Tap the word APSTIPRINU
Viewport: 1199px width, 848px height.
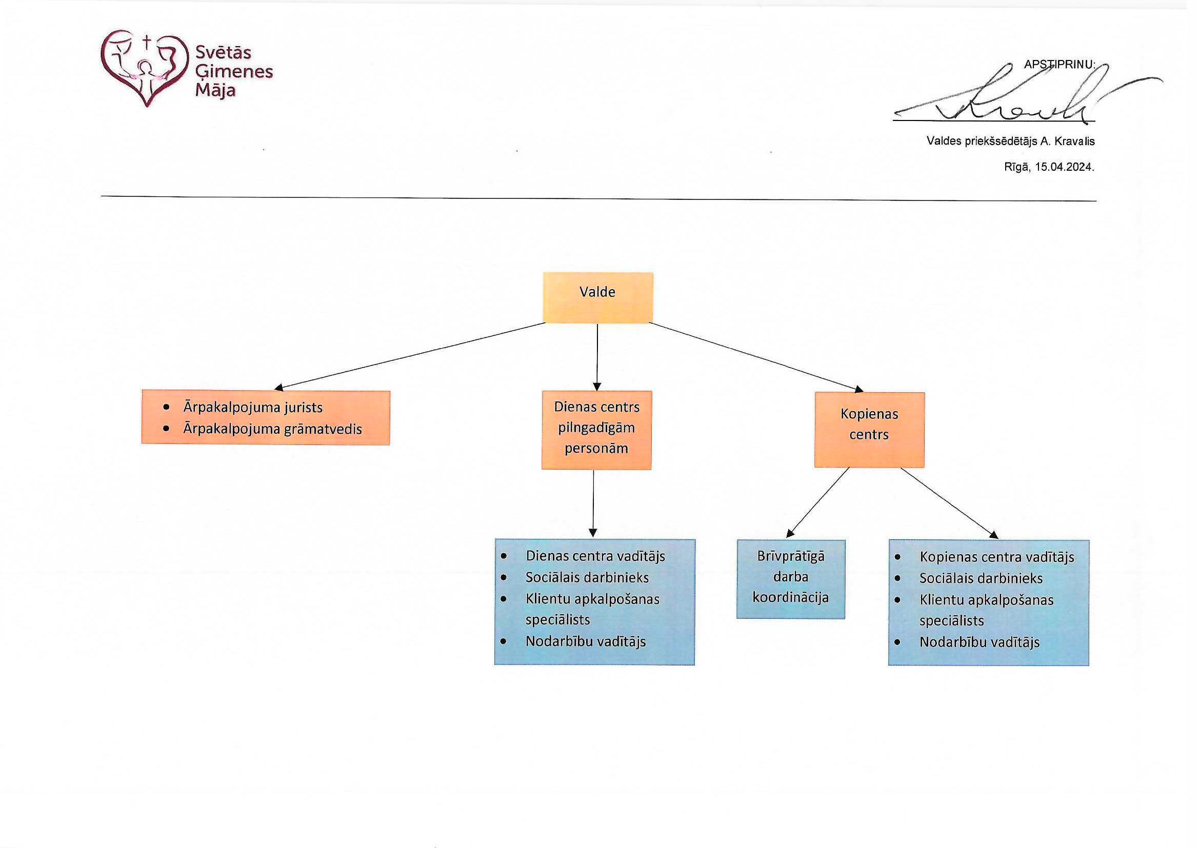(x=1059, y=65)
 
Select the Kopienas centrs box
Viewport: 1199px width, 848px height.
(x=869, y=429)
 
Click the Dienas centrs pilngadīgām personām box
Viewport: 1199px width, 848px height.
(x=596, y=429)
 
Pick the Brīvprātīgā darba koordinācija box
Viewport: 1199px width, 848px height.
(x=791, y=578)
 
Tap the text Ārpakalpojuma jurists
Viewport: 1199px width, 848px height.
(x=253, y=407)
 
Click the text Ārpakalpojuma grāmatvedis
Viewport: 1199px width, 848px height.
(x=272, y=429)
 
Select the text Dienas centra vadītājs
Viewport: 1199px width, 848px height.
(x=595, y=556)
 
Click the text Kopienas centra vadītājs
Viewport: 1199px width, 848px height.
(x=996, y=557)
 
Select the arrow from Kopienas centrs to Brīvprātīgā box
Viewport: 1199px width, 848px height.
(x=818, y=502)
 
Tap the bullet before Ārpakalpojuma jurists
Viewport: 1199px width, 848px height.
(x=167, y=407)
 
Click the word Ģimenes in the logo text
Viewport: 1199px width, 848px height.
(x=234, y=72)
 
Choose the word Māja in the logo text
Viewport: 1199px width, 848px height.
(x=215, y=91)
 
